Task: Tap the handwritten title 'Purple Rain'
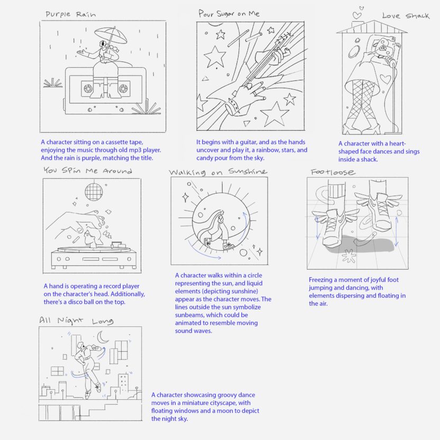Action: click(71, 14)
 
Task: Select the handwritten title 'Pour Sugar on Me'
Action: click(229, 13)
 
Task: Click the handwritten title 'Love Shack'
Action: click(406, 16)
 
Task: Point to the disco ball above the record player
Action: click(94, 191)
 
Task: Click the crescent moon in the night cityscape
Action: click(103, 337)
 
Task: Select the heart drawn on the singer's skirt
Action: click(386, 79)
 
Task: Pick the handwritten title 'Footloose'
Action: click(333, 172)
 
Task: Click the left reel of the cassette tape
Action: click(88, 89)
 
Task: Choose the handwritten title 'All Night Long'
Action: click(76, 320)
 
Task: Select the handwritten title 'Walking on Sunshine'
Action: click(218, 172)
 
